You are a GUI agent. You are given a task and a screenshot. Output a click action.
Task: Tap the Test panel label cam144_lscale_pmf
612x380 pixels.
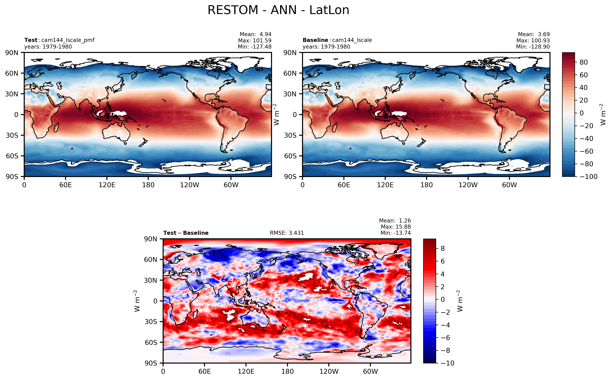click(59, 40)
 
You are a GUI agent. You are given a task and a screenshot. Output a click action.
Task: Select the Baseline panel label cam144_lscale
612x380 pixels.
click(337, 40)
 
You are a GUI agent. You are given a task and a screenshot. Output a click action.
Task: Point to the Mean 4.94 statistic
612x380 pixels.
click(255, 34)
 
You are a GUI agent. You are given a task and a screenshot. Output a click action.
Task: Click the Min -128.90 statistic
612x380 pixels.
click(533, 47)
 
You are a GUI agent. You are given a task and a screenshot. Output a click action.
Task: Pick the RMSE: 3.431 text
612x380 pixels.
click(287, 233)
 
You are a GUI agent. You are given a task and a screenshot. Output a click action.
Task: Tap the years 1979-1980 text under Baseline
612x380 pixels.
click(326, 47)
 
